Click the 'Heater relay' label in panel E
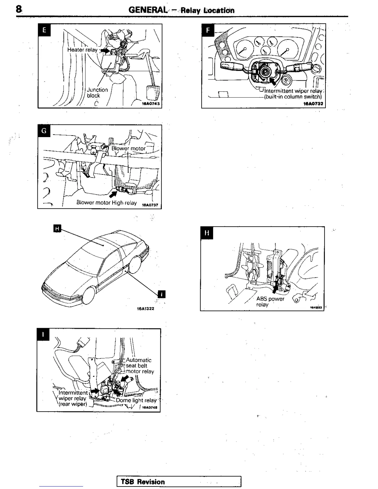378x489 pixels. click(x=82, y=50)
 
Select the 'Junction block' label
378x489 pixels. click(x=97, y=93)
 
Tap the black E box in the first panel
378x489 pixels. click(x=44, y=30)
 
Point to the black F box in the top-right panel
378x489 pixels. click(x=208, y=30)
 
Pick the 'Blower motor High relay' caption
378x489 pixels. click(x=107, y=203)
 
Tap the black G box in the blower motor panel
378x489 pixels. click(x=44, y=131)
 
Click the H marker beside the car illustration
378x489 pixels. click(x=57, y=228)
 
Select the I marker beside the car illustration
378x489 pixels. click(x=162, y=294)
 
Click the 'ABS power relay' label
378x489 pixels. click(x=270, y=302)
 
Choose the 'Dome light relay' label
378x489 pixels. click(x=136, y=400)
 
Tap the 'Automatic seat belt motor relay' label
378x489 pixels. click(x=139, y=366)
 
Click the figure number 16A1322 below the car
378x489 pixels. click(x=145, y=308)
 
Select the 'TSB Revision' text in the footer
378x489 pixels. click(x=143, y=482)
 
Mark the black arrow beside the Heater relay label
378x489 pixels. click(x=104, y=50)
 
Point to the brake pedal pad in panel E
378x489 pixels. click(x=152, y=92)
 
